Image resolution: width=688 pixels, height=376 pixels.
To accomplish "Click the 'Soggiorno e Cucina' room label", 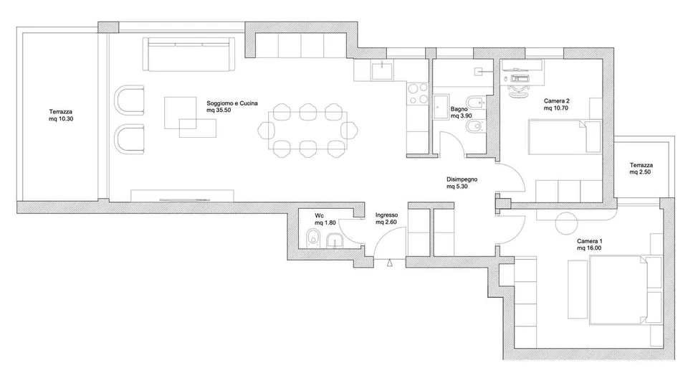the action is (232, 103).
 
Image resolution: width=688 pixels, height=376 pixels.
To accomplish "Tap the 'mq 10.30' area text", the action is (61, 119).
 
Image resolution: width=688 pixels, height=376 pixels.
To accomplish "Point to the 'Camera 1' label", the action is (589, 241).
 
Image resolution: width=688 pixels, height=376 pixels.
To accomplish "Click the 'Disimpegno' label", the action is (462, 179).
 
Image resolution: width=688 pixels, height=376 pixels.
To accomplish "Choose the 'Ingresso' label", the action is (386, 215).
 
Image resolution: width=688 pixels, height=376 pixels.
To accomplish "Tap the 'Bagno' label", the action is (459, 109).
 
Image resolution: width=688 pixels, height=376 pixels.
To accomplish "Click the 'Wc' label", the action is (319, 216).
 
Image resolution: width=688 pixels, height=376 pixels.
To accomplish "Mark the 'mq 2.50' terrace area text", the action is (640, 172).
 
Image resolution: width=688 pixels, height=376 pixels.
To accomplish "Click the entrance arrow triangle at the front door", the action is (390, 263).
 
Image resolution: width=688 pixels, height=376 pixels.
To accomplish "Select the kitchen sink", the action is (383, 70).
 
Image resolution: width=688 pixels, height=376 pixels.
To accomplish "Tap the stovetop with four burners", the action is (418, 93).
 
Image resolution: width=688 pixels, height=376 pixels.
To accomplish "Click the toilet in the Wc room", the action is (312, 238).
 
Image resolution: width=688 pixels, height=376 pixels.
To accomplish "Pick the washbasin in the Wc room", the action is (335, 241).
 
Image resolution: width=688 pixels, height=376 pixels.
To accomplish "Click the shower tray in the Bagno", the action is (441, 107).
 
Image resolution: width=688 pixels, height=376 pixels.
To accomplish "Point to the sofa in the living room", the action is (189, 54).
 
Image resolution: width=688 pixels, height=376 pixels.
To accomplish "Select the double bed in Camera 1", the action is (618, 291).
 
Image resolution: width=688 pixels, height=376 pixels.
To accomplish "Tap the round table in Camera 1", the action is (565, 222).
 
